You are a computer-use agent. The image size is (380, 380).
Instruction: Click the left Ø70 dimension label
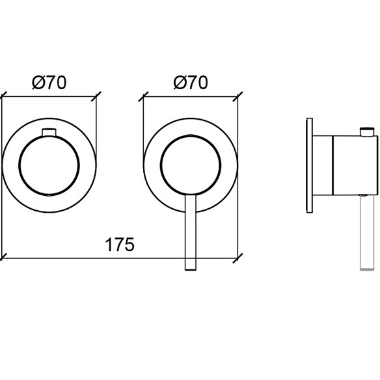(x=49, y=83)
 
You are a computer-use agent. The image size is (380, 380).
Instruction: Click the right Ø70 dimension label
(x=191, y=83)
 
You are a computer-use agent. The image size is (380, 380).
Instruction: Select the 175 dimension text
(x=120, y=245)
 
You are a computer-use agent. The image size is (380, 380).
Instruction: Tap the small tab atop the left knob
(x=49, y=132)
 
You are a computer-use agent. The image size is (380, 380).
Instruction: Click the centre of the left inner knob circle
(x=49, y=165)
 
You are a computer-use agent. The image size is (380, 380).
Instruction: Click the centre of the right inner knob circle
(x=191, y=165)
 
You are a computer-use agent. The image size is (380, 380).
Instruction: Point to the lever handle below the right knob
(x=190, y=232)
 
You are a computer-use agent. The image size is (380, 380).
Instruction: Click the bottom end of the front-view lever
(x=190, y=270)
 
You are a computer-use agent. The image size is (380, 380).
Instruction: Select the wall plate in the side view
(x=310, y=165)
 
